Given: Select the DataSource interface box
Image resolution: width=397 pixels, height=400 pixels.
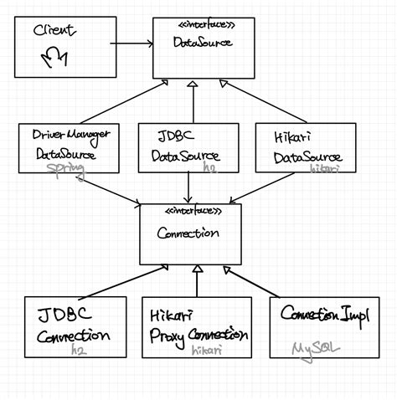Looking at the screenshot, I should [x=193, y=48].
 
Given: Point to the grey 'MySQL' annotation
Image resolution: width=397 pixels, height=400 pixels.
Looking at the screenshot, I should [x=311, y=347].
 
